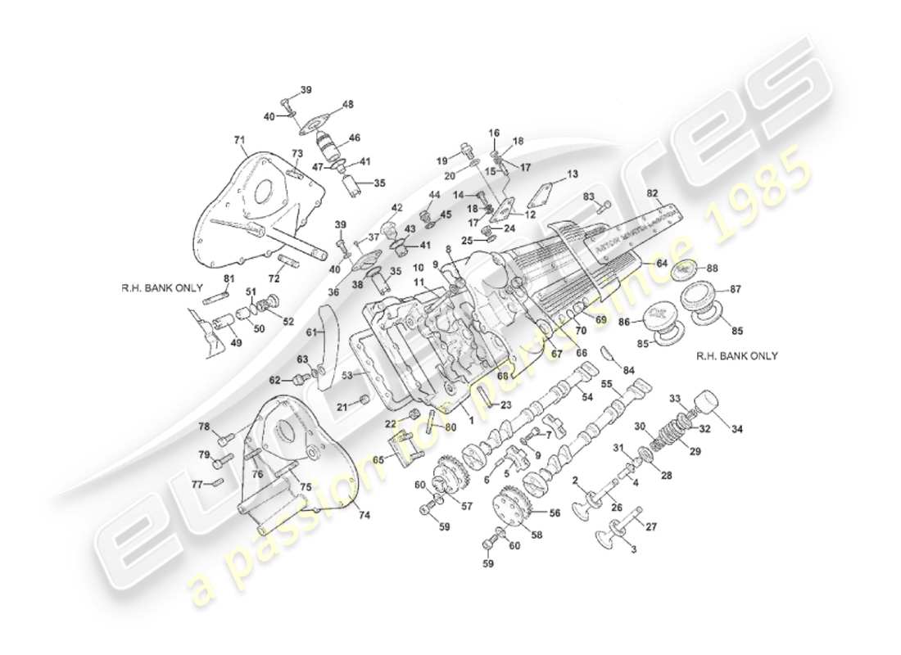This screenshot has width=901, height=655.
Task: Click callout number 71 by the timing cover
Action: (238, 141)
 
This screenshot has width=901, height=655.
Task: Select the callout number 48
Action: (348, 104)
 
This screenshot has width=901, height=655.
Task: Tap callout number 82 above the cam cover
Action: (652, 193)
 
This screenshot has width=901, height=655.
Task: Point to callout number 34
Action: (738, 429)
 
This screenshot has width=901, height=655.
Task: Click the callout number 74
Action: (363, 516)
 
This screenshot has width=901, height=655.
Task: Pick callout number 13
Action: (572, 174)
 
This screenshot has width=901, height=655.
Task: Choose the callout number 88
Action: (712, 267)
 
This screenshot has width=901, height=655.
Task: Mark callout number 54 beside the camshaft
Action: (586, 397)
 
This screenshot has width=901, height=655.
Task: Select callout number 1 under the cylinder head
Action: (471, 418)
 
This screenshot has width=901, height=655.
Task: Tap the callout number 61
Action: (311, 332)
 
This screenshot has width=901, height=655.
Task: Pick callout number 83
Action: (588, 197)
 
